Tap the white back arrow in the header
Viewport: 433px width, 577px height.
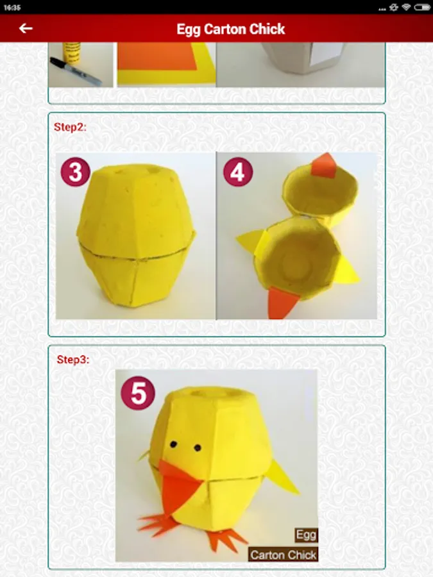pyautogui.click(x=26, y=28)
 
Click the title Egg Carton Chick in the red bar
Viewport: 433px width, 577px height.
pyautogui.click(x=231, y=29)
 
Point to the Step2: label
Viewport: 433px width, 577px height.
pyautogui.click(x=70, y=127)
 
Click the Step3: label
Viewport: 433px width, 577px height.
pyautogui.click(x=73, y=360)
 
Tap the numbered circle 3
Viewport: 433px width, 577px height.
pyautogui.click(x=76, y=172)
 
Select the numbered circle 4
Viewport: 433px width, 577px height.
pyautogui.click(x=238, y=172)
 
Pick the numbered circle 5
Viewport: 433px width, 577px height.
pyautogui.click(x=138, y=392)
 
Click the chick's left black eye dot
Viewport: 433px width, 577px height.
pyautogui.click(x=173, y=445)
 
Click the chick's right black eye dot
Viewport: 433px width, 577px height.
pyautogui.click(x=198, y=448)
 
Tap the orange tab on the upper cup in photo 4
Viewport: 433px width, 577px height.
pyautogui.click(x=323, y=165)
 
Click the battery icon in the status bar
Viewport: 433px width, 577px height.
pyautogui.click(x=422, y=7)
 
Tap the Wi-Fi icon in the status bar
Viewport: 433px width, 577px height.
pyautogui.click(x=406, y=7)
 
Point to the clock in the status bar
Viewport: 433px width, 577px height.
pyautogui.click(x=12, y=7)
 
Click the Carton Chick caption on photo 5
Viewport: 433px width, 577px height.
pyautogui.click(x=283, y=555)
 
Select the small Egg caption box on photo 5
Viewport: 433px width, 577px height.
pyautogui.click(x=306, y=535)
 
